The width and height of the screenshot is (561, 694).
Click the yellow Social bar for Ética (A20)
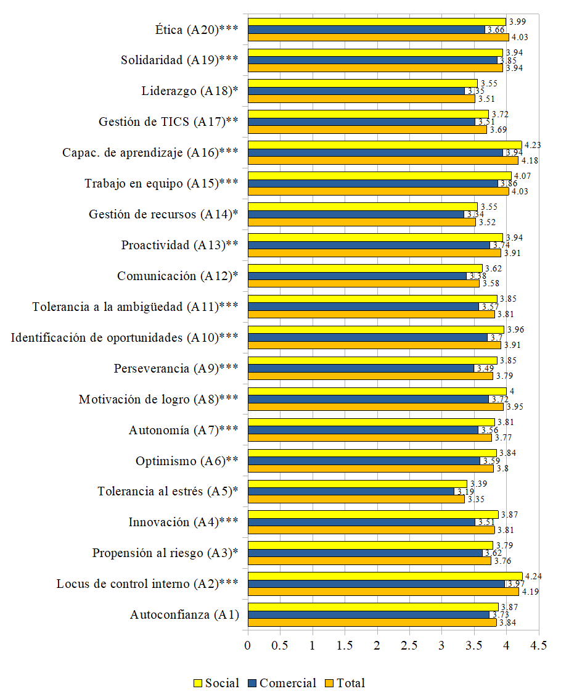(x=376, y=22)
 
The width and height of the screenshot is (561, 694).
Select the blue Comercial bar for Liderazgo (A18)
(x=356, y=91)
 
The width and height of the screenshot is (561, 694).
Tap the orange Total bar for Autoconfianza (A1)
(x=372, y=622)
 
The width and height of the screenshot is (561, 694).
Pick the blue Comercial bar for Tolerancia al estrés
(x=351, y=492)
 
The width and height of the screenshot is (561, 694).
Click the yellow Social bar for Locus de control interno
(x=385, y=576)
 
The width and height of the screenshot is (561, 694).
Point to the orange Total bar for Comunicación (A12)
(x=363, y=284)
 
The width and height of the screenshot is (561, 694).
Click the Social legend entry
(x=216, y=683)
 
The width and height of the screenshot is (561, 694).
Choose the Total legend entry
(x=345, y=683)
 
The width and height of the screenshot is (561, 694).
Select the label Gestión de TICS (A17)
(x=168, y=122)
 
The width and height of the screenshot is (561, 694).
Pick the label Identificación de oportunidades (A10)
(x=125, y=338)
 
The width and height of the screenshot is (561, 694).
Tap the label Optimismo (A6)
(x=187, y=461)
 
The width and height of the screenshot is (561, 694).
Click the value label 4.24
(x=532, y=576)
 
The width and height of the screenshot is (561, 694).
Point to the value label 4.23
(x=531, y=145)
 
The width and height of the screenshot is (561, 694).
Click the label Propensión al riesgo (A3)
(x=165, y=553)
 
